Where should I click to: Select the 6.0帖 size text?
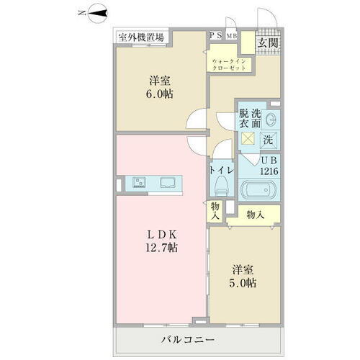pyautogui.click(x=161, y=94)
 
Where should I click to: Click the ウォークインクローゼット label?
pyautogui.click(x=229, y=65)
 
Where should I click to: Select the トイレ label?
pyautogui.click(x=220, y=171)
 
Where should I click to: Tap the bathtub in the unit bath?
pyautogui.click(x=258, y=192)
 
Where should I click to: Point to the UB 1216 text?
pyautogui.click(x=269, y=166)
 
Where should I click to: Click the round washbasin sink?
pyautogui.click(x=271, y=120)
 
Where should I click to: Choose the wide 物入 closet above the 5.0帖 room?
pyautogui.click(x=254, y=214)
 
